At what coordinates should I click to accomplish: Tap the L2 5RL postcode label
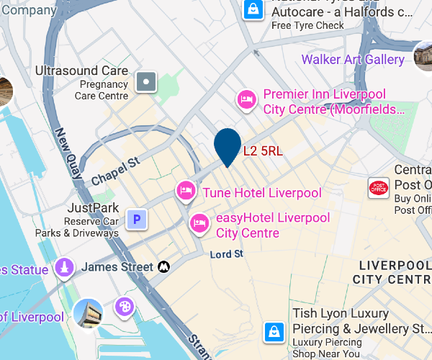[x=263, y=151]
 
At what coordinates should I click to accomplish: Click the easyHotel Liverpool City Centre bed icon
[x=199, y=223]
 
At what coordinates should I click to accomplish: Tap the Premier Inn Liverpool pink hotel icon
[x=247, y=99]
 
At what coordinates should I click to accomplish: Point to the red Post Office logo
[x=378, y=188]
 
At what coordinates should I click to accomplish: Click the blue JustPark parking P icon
[x=137, y=220]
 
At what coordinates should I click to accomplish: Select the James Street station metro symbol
[x=164, y=267]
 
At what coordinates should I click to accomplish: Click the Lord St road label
[x=227, y=255]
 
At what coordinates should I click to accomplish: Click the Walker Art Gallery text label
[x=353, y=59]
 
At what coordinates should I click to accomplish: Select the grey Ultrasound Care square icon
[x=147, y=82]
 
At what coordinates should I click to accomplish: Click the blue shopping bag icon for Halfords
[x=253, y=9]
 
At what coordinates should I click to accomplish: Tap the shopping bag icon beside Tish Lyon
[x=274, y=331]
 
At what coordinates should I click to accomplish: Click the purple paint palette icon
[x=125, y=307]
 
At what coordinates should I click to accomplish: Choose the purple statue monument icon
[x=65, y=268]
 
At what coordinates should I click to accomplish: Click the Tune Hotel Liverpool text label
[x=262, y=193]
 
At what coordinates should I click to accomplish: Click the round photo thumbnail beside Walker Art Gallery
[x=425, y=56]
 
